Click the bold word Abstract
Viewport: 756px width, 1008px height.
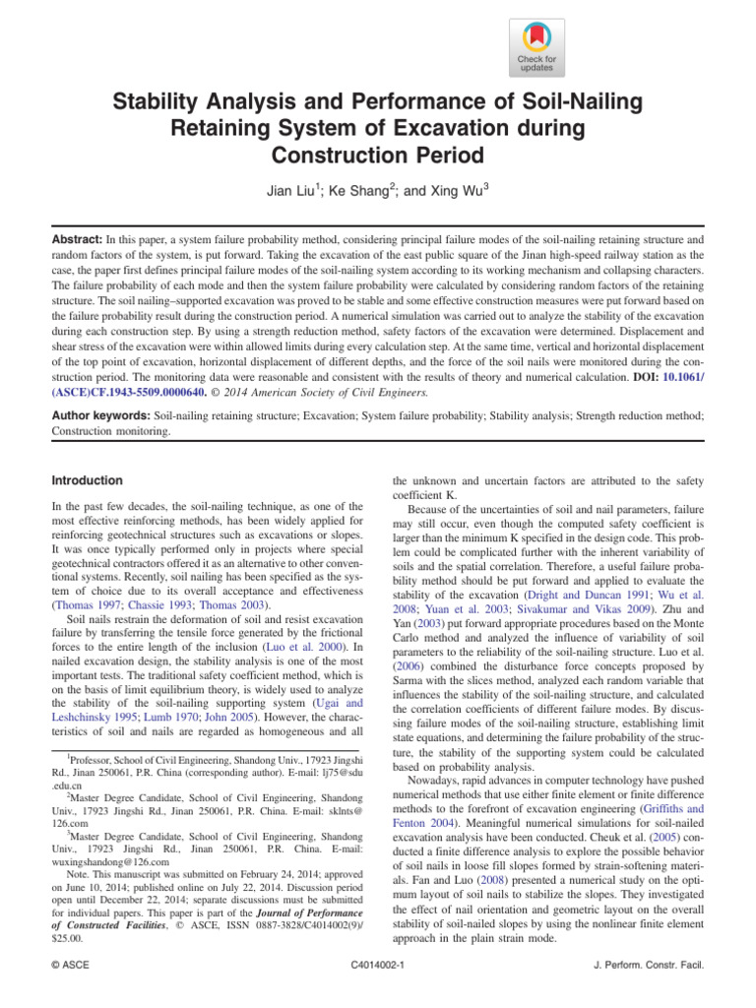[80, 239]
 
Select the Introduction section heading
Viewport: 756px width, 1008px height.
[87, 480]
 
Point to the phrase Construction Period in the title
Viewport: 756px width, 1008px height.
[378, 155]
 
